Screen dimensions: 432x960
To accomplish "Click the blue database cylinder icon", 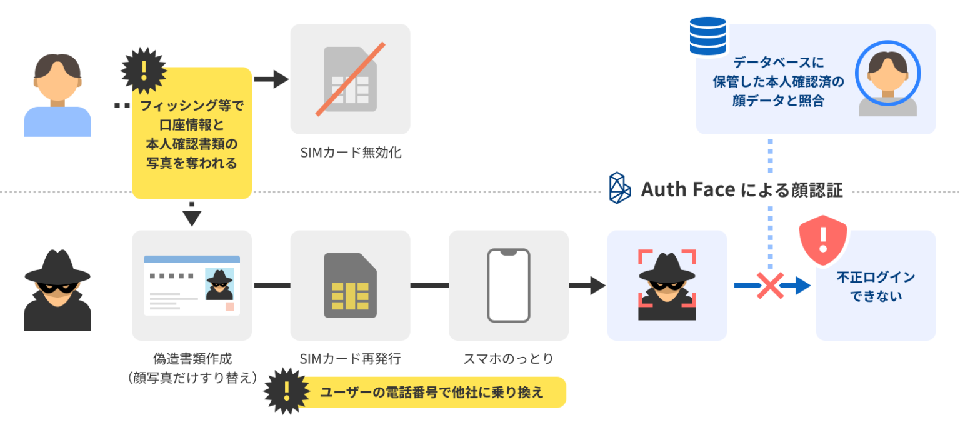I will (x=708, y=36).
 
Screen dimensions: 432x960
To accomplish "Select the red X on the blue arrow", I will (x=771, y=286).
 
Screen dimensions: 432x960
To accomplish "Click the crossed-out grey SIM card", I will (x=350, y=79).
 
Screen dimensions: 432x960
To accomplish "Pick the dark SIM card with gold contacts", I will (x=350, y=285).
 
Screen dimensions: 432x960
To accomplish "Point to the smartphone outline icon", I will (x=509, y=285).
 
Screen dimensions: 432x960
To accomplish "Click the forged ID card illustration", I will (x=192, y=285).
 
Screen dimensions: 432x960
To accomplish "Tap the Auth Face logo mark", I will (x=621, y=188).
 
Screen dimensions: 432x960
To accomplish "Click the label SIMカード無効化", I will (x=350, y=152).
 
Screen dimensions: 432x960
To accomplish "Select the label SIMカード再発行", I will (x=350, y=359).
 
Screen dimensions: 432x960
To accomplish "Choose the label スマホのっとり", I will (x=508, y=359).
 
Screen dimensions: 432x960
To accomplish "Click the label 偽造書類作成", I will (x=192, y=359).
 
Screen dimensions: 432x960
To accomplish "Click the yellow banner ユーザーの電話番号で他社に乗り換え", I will (x=431, y=392).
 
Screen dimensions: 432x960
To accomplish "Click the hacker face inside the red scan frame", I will (x=667, y=285).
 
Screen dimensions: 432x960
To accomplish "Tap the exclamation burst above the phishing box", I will (x=144, y=68).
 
